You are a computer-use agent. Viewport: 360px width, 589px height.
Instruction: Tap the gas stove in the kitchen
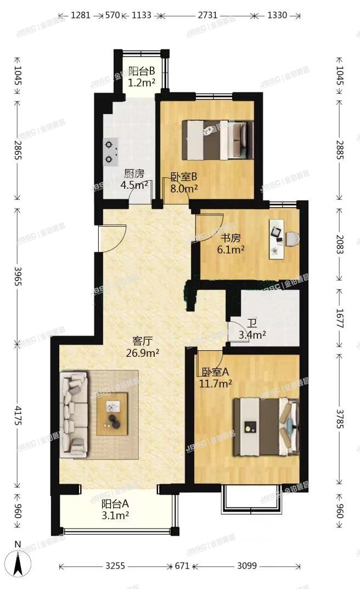tap(111, 152)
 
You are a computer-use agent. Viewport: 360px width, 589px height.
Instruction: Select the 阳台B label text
tap(142, 71)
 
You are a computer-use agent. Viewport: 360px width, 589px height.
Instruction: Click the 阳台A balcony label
tap(115, 504)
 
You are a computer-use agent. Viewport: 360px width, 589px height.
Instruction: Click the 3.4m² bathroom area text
tap(252, 334)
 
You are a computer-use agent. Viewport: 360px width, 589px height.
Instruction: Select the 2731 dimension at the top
tap(208, 15)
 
